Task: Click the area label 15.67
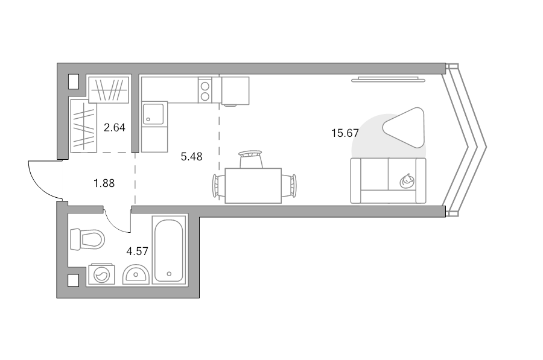tap(345, 133)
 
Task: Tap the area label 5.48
tap(191, 157)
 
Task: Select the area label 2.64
tap(115, 128)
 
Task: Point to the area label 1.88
tap(104, 183)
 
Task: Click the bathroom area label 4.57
tap(138, 251)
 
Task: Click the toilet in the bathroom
tap(87, 239)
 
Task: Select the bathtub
tap(169, 251)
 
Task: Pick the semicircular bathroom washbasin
tap(136, 274)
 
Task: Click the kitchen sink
tap(153, 113)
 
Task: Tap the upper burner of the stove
tap(205, 86)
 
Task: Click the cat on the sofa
tap(407, 181)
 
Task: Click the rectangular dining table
tap(253, 186)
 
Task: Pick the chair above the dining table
tap(251, 159)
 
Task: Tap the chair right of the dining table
tap(289, 186)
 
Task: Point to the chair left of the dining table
tap(218, 186)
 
